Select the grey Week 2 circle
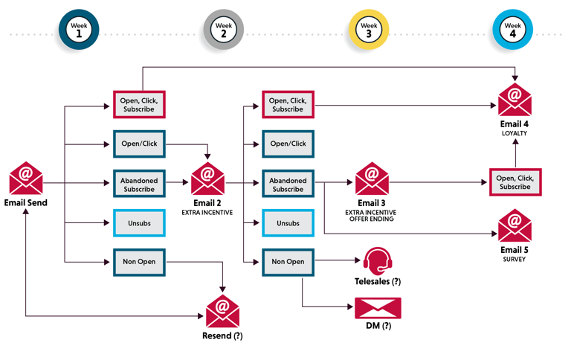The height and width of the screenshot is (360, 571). pyautogui.click(x=222, y=30)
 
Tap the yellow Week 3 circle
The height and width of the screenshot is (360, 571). pyautogui.click(x=369, y=30)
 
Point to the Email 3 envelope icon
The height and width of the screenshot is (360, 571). pyautogui.click(x=372, y=179)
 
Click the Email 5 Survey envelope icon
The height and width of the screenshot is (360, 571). pyautogui.click(x=514, y=225)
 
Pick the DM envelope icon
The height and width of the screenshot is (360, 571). pyautogui.click(x=378, y=308)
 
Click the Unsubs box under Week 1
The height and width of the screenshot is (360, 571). pyautogui.click(x=139, y=222)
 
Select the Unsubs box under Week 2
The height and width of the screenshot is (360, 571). pyautogui.click(x=288, y=222)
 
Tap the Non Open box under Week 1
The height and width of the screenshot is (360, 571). pyautogui.click(x=139, y=262)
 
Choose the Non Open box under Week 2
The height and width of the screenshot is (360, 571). pyautogui.click(x=288, y=262)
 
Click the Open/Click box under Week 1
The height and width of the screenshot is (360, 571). pyautogui.click(x=139, y=144)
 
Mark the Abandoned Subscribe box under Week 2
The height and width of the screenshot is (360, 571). pyautogui.click(x=288, y=184)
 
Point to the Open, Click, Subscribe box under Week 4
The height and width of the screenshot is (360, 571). pyautogui.click(x=515, y=182)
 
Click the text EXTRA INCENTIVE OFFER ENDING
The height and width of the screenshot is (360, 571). pyautogui.click(x=372, y=218)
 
